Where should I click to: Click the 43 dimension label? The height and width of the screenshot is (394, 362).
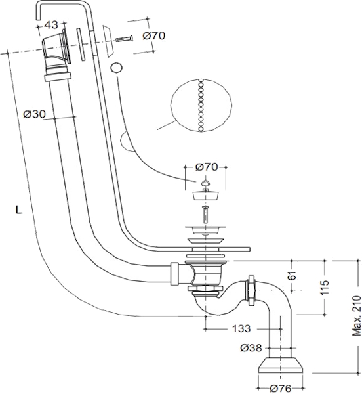pyautogui.click(x=51, y=25)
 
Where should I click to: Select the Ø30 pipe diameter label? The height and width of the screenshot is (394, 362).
pyautogui.click(x=35, y=114)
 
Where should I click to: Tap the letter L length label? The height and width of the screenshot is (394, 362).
pyautogui.click(x=19, y=210)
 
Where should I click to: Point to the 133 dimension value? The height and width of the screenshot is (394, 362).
pyautogui.click(x=241, y=328)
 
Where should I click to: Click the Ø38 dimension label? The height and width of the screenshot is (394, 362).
pyautogui.click(x=251, y=348)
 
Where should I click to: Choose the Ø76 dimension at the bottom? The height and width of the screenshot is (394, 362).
pyautogui.click(x=280, y=389)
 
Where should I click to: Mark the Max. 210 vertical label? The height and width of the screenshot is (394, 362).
pyautogui.click(x=356, y=316)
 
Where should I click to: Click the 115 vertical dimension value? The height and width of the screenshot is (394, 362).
pyautogui.click(x=324, y=288)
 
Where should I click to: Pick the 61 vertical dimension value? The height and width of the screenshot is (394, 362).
pyautogui.click(x=292, y=275)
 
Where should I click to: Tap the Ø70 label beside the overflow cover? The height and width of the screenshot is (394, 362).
pyautogui.click(x=153, y=35)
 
